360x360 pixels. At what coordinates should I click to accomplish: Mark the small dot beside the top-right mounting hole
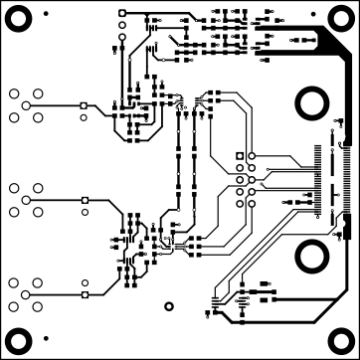[x=314, y=13]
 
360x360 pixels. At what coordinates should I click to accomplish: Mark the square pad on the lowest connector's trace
[x=85, y=294]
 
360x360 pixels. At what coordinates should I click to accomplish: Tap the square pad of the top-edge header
[x=121, y=12]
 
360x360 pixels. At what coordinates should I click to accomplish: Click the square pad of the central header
[x=239, y=156]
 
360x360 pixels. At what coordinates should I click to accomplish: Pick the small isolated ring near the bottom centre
[x=165, y=293]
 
